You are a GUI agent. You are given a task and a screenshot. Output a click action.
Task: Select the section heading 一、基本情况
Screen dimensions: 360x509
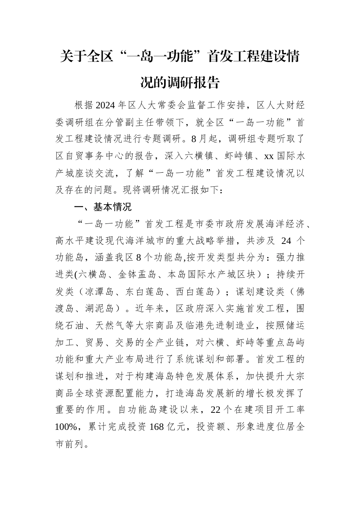(103, 207)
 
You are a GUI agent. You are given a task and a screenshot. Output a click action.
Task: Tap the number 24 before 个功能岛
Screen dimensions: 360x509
(287, 241)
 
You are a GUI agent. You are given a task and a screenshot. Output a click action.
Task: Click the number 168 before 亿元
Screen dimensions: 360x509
(157, 427)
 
